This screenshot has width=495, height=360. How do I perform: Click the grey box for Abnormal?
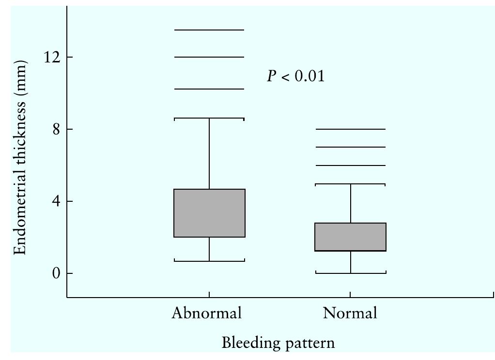[x=209, y=213]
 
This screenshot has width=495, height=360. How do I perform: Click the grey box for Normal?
[x=350, y=237]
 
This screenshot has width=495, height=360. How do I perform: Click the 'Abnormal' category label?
[x=206, y=313]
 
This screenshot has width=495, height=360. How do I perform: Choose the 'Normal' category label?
[x=350, y=313]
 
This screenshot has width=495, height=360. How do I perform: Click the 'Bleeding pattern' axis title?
[x=278, y=344]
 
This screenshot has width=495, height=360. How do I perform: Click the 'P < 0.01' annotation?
[x=295, y=76]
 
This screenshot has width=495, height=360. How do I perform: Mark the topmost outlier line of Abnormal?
[x=209, y=30]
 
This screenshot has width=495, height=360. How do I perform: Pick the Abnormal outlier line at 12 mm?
[x=209, y=57]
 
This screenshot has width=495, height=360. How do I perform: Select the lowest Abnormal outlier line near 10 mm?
[x=209, y=89]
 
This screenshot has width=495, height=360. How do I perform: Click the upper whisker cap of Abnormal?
[x=209, y=118]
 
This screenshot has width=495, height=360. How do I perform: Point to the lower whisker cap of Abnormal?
[x=209, y=261]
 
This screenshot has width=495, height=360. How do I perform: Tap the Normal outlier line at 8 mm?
[x=350, y=129]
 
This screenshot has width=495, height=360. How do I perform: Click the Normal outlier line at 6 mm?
[x=350, y=165]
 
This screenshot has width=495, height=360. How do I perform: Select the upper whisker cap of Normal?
[x=350, y=184]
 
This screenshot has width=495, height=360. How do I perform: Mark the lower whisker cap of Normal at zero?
[x=350, y=273]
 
